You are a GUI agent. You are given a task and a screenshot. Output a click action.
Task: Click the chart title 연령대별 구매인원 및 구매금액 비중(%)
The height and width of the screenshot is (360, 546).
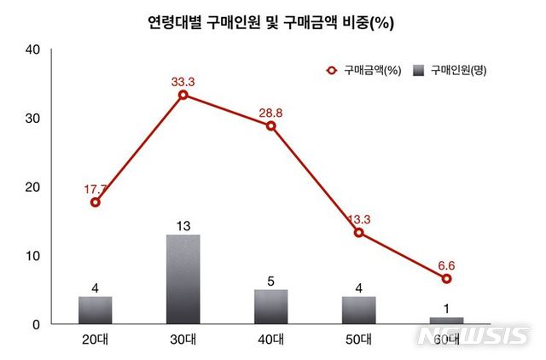[270, 23]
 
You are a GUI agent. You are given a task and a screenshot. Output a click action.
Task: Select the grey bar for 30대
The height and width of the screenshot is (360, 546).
[183, 279]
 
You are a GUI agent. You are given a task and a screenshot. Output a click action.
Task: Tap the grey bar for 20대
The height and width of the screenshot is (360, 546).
[95, 311]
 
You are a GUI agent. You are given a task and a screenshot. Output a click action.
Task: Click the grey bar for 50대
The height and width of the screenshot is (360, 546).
[358, 311]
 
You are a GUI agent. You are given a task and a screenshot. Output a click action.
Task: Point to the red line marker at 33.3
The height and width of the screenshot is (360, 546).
[183, 95]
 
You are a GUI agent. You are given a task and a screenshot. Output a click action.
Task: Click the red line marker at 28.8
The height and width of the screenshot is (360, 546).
[271, 125]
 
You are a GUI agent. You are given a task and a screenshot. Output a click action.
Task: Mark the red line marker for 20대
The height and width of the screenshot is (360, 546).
[95, 202]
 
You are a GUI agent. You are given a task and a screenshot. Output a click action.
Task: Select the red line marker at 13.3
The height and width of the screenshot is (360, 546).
[358, 232]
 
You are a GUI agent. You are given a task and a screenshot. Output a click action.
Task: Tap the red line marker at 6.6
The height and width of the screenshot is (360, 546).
[446, 278]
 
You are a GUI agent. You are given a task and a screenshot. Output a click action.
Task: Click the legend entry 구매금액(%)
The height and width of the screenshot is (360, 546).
[363, 69]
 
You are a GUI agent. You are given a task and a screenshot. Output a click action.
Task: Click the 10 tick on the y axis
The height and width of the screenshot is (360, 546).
[33, 256]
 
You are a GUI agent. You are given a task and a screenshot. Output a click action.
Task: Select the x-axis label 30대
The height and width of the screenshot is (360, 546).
[183, 340]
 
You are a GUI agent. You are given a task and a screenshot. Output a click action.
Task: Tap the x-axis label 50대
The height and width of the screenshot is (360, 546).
[358, 340]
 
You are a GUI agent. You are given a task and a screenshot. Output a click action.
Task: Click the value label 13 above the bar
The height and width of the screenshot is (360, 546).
[183, 225]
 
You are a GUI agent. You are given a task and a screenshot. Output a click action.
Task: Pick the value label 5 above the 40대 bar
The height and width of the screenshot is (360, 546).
[271, 280]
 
